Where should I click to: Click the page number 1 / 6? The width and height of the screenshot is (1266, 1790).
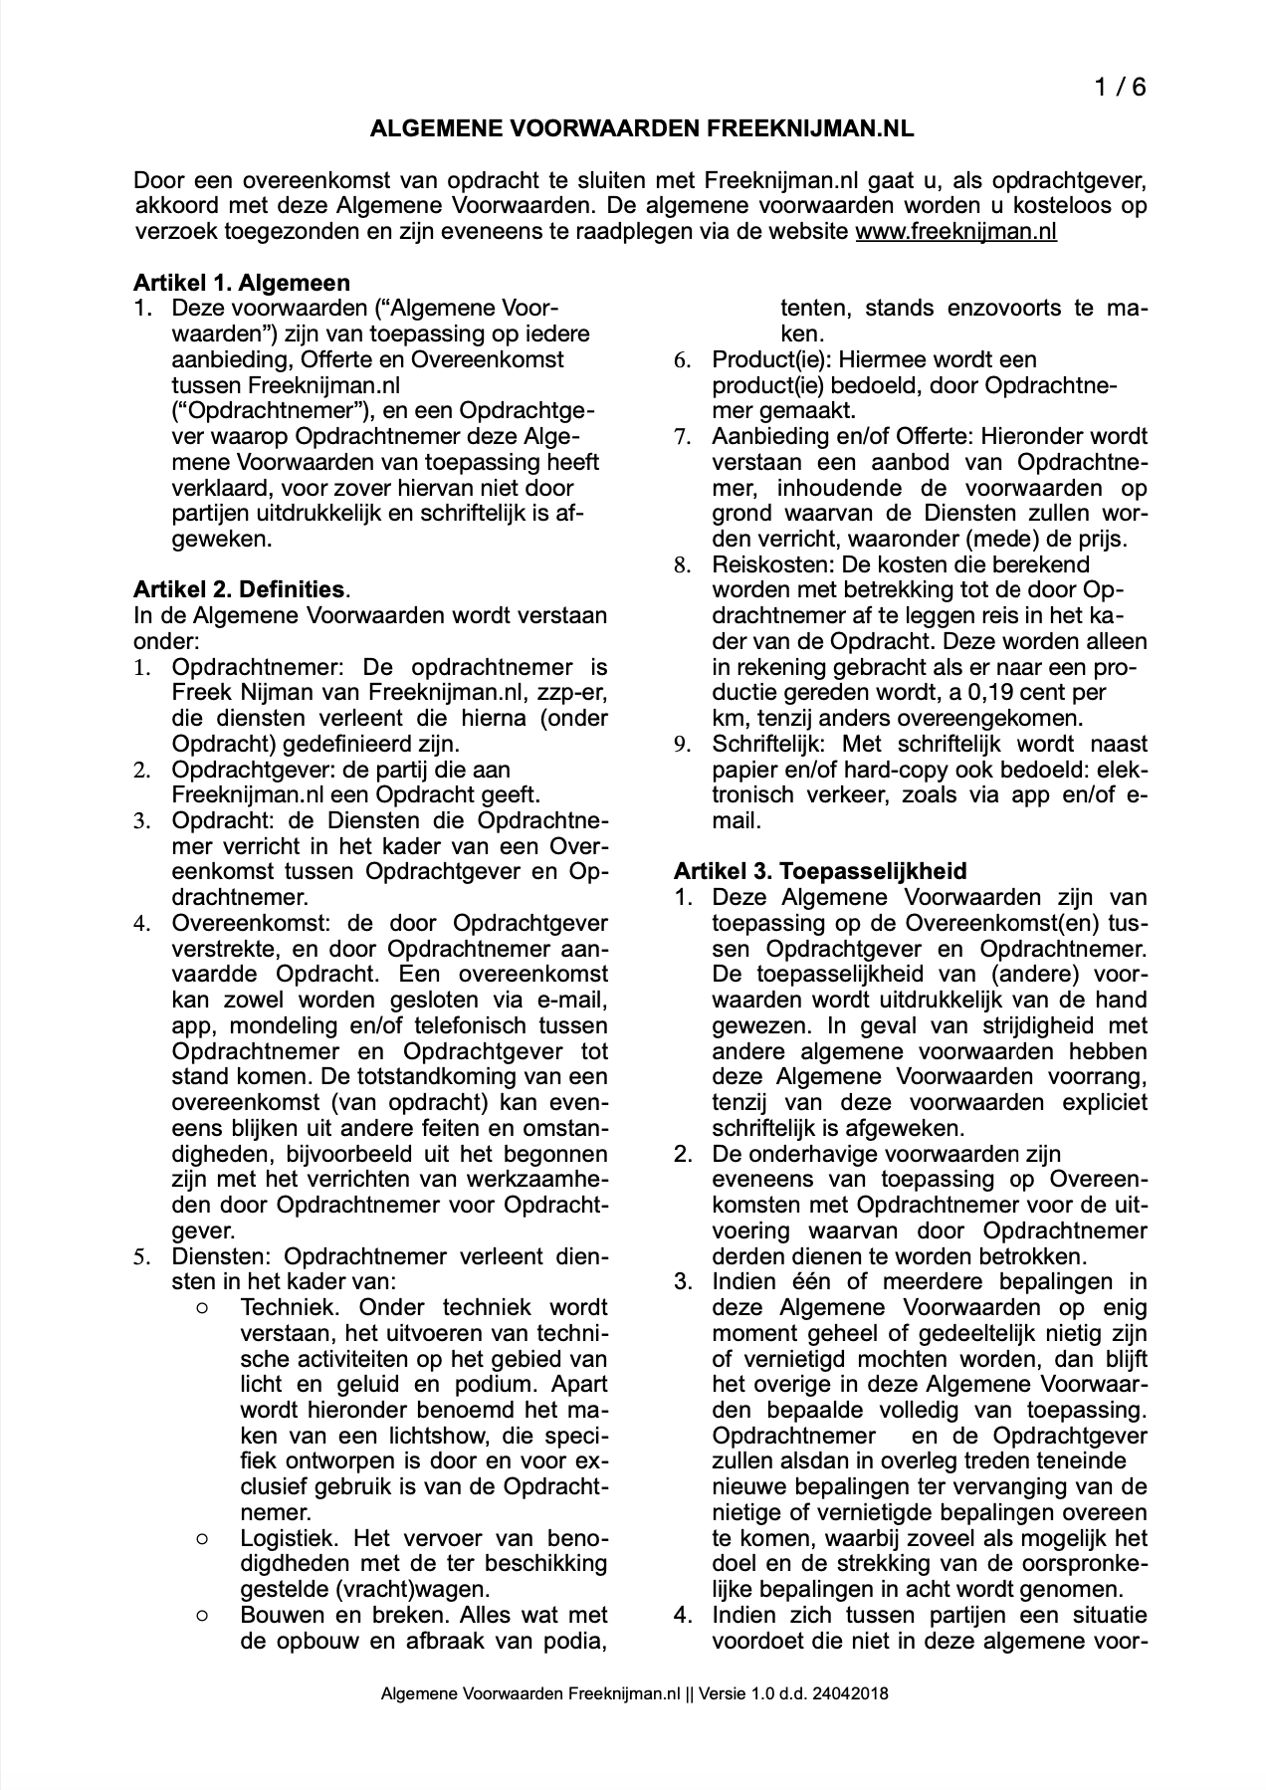coord(1120,88)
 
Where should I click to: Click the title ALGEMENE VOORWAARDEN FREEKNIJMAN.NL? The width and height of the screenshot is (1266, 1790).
coord(642,129)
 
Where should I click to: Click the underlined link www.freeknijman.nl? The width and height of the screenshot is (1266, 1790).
coord(955,232)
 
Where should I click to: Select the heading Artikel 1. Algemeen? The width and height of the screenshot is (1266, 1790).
coord(242,283)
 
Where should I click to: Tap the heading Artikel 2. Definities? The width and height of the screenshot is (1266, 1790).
coord(239,589)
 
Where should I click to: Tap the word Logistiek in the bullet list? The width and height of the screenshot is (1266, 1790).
coord(289,1537)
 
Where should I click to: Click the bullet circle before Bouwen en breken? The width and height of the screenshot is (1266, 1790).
coord(203,1615)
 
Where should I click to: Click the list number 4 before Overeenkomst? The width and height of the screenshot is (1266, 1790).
coord(143,923)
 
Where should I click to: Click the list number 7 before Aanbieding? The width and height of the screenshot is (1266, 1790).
coord(683,437)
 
